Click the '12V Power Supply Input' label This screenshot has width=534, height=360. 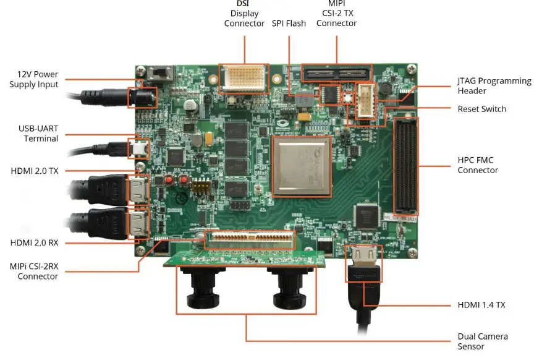pos(33,79)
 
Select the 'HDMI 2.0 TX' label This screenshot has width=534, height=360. pos(35,171)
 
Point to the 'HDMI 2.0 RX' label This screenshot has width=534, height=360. pos(35,242)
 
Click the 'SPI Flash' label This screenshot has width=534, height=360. pos(289,24)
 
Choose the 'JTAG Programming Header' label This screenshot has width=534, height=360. pos(494,85)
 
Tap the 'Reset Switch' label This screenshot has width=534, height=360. pos(481,109)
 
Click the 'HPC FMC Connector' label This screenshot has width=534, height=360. pos(478,165)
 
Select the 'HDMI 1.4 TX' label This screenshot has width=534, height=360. pos(481,304)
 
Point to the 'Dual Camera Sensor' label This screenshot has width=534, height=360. pos(483,341)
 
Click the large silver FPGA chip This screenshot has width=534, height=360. pos(302,166)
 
